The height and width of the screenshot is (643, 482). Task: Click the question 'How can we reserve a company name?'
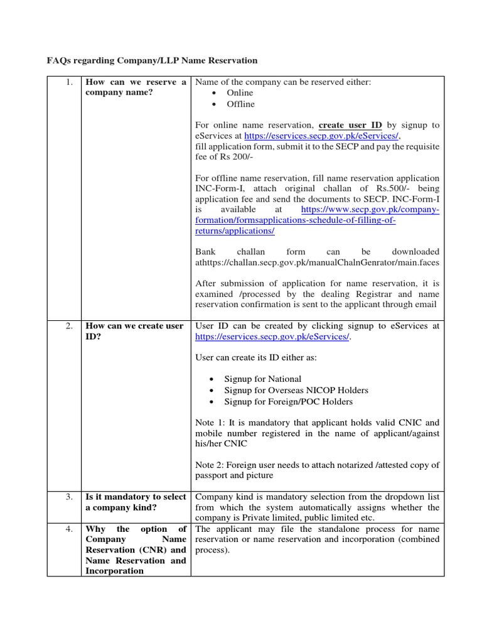[x=136, y=87]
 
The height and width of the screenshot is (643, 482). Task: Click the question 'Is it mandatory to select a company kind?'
[x=136, y=502]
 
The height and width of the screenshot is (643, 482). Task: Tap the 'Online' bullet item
[x=240, y=93]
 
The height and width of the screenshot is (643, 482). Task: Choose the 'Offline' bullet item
[x=240, y=104]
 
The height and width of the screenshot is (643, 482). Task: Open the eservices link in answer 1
[x=321, y=136]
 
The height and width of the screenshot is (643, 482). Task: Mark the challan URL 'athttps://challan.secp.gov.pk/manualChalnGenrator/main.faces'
[x=318, y=262]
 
